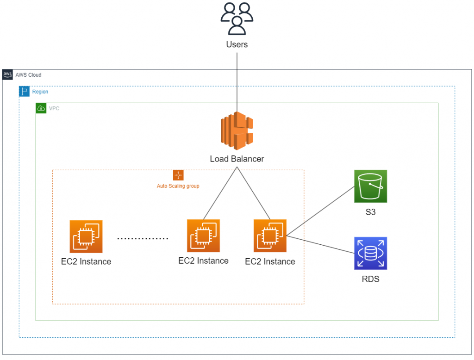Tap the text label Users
pyautogui.click(x=237, y=44)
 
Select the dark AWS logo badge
pyautogui.click(x=7, y=74)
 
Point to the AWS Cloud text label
pyautogui.click(x=28, y=75)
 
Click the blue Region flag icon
pyautogui.click(x=24, y=91)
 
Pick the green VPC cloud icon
pyautogui.click(x=41, y=108)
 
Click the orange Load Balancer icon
pyautogui.click(x=237, y=131)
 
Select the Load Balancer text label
pyautogui.click(x=237, y=159)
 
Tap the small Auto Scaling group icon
pyautogui.click(x=178, y=175)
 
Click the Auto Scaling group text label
pyautogui.click(x=178, y=186)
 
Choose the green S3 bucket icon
pyautogui.click(x=370, y=186)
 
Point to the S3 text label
pyautogui.click(x=370, y=213)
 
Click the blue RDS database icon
pyautogui.click(x=370, y=253)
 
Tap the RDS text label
pyautogui.click(x=370, y=279)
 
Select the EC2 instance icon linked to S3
pyautogui.click(x=270, y=236)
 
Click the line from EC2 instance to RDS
pyautogui.click(x=319, y=244)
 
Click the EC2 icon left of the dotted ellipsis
pyautogui.click(x=86, y=236)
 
